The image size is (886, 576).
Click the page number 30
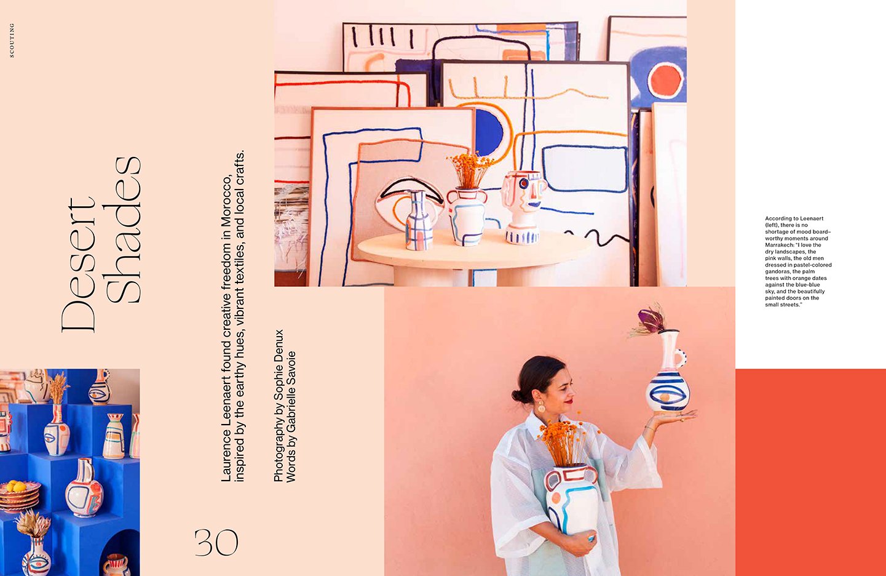pos(216,542)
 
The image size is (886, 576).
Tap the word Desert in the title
pos(78,265)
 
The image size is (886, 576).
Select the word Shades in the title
pos(122,230)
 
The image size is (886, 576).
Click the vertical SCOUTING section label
pos(12,41)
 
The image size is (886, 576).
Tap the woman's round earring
pos(540,407)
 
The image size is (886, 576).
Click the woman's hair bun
pos(516,396)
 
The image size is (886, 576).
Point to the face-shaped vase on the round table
pos(523,207)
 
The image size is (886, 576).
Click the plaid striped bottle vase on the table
pos(419,220)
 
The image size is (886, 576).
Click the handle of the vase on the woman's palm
pos(680,358)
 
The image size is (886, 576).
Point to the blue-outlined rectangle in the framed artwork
pos(585,169)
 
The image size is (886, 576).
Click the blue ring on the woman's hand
pos(591,538)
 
